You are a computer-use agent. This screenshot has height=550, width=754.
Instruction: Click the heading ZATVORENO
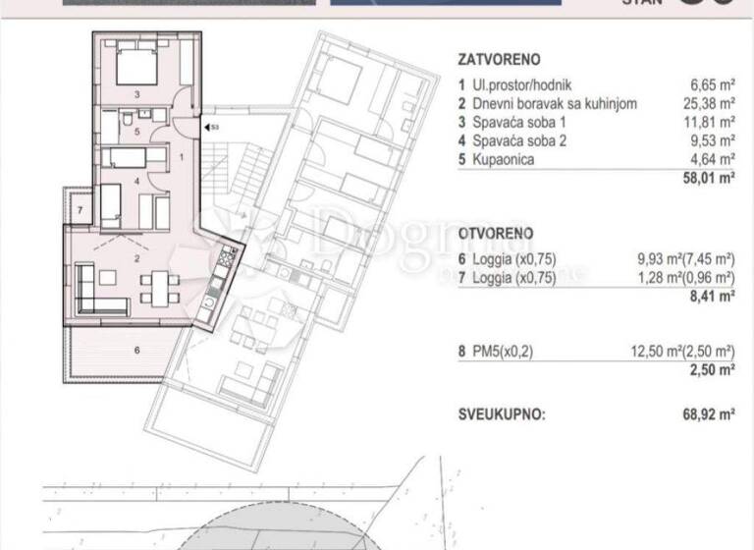(x=499, y=59)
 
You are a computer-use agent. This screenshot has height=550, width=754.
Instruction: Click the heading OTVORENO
(x=496, y=234)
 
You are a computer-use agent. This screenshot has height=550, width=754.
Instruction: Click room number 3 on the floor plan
(x=136, y=95)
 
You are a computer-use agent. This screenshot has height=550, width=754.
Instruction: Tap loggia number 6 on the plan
(x=136, y=349)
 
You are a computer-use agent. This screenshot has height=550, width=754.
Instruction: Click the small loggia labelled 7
(x=80, y=209)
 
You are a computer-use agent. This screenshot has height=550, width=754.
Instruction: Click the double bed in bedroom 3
(x=136, y=65)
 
